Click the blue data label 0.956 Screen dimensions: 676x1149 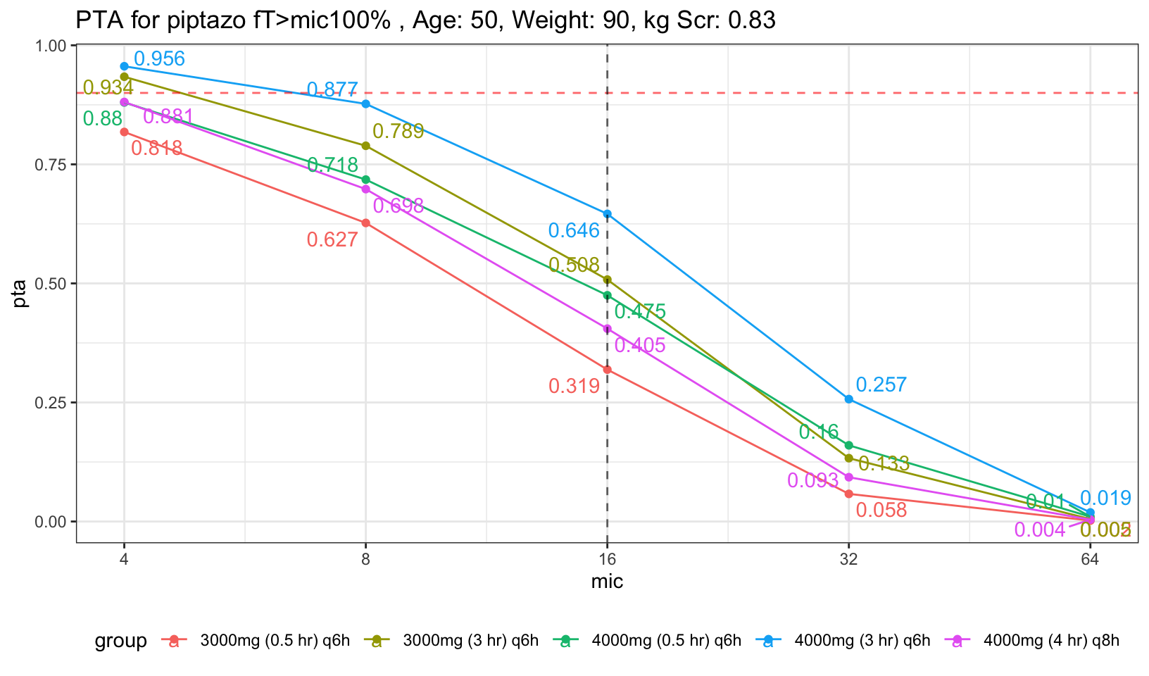[x=159, y=59]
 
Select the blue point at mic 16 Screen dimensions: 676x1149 [x=607, y=213]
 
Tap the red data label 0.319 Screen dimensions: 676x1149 [x=574, y=386]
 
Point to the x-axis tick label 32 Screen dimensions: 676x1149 [x=848, y=561]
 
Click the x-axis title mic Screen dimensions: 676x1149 [x=607, y=582]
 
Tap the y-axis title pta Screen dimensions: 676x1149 [x=21, y=294]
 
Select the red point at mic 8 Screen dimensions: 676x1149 [x=365, y=223]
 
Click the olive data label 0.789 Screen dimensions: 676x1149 [x=398, y=132]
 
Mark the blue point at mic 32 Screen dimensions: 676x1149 [x=848, y=399]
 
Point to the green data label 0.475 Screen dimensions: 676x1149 [x=640, y=312]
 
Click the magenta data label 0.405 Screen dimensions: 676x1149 [x=640, y=345]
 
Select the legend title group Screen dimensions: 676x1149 [x=121, y=641]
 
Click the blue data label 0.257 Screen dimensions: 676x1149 [x=881, y=385]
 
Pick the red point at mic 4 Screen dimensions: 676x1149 [x=124, y=132]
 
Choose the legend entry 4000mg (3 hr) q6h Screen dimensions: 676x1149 [x=862, y=641]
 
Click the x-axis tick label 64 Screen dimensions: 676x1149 [x=1090, y=561]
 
